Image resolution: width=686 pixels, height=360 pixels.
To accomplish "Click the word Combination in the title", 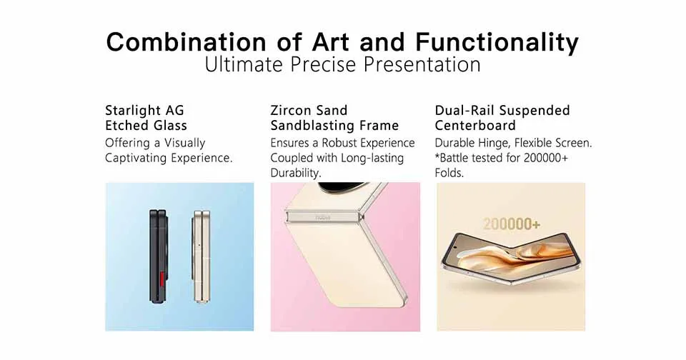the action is (x=186, y=42).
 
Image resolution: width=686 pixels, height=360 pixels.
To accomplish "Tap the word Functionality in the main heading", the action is (x=497, y=42).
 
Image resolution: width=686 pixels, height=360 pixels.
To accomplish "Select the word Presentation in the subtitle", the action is (x=422, y=65).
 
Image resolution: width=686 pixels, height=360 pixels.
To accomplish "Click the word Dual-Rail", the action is (x=464, y=110).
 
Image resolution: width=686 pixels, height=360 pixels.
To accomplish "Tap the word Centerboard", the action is (x=475, y=126).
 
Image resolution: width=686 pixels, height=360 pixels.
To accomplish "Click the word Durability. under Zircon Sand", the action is (x=296, y=173).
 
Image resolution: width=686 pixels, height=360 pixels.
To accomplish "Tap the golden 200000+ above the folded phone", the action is (x=512, y=224).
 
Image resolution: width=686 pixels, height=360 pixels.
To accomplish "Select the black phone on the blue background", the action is (x=158, y=256).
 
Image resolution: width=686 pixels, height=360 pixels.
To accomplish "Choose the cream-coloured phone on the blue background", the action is (x=202, y=256).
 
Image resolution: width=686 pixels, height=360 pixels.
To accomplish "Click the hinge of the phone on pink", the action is (x=324, y=216).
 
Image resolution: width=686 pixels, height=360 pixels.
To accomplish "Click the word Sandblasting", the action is (x=312, y=126).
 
